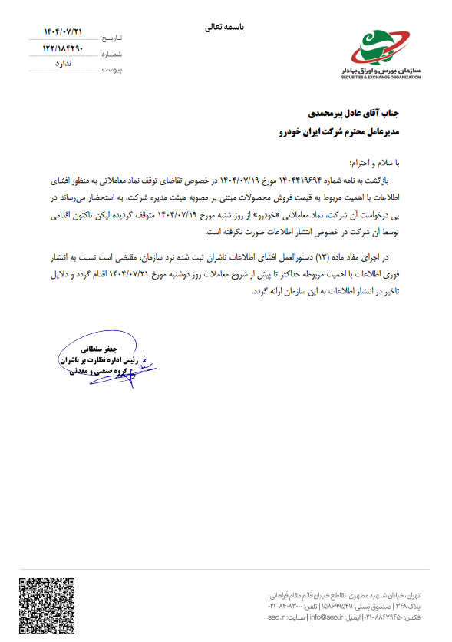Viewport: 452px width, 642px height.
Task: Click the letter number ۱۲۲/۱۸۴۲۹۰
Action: [64, 48]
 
